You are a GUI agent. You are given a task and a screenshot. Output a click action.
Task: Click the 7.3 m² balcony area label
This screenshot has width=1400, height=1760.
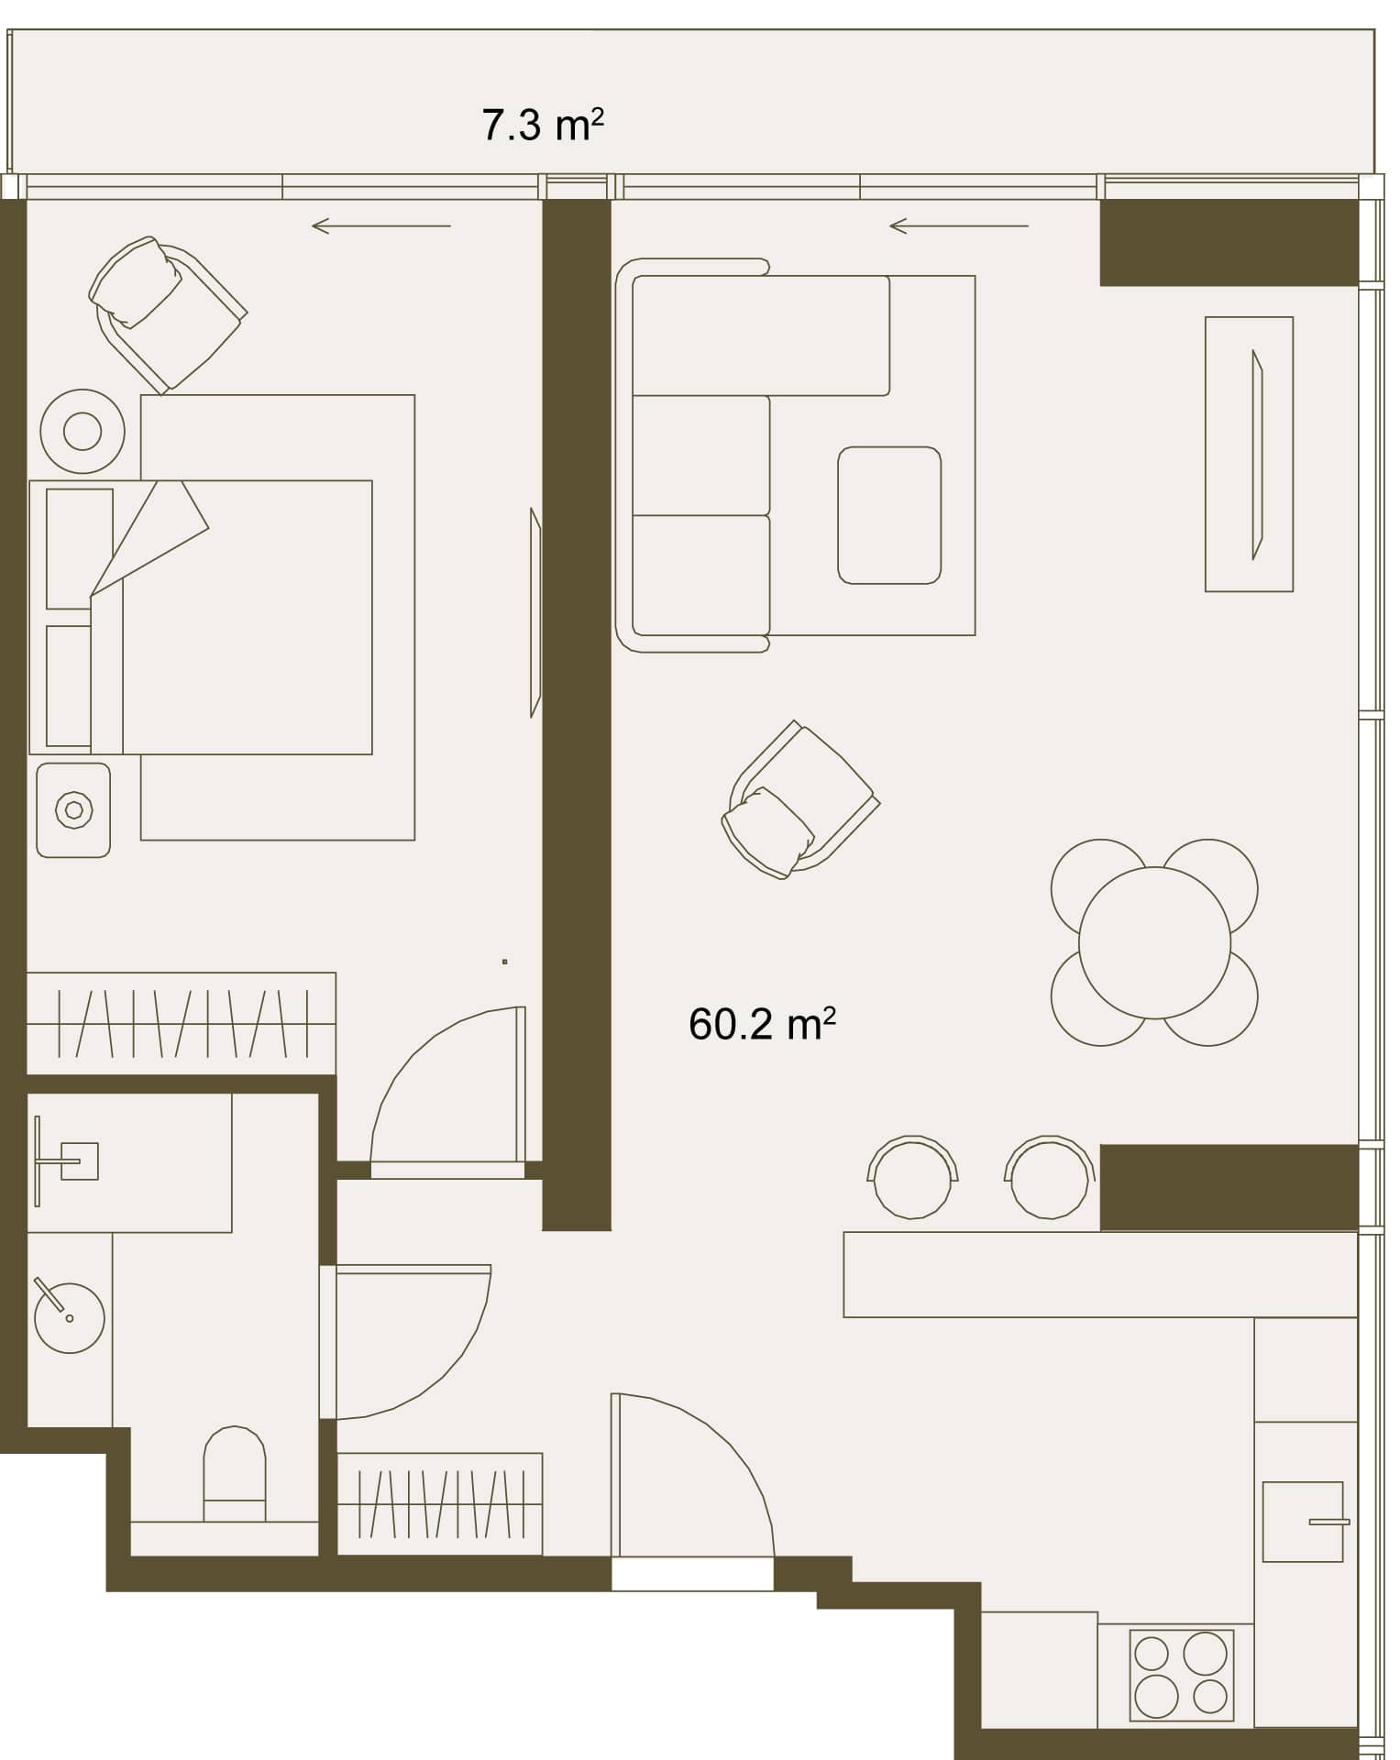click(543, 125)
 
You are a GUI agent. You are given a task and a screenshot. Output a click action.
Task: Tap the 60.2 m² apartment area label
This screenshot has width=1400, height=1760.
click(762, 1024)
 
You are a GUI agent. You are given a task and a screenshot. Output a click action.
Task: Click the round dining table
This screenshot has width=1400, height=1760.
click(1154, 942)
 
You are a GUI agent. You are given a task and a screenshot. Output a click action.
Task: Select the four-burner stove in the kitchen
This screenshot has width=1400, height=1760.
click(1181, 1674)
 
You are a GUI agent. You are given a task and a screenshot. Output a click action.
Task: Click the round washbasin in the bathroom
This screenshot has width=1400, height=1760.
click(69, 1317)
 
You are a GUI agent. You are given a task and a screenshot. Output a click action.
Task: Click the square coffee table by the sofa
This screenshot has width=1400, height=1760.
click(889, 515)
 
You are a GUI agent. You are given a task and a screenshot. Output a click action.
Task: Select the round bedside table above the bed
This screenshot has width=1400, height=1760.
click(83, 431)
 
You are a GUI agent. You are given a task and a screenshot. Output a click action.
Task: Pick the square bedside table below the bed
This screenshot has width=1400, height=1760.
click(73, 810)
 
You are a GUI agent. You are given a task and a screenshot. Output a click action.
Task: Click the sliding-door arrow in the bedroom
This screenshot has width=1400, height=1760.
click(381, 225)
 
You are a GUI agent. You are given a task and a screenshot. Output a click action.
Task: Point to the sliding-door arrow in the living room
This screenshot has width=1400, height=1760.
click(959, 225)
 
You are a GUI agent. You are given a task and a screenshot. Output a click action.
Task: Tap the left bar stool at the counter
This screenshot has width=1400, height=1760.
click(912, 1178)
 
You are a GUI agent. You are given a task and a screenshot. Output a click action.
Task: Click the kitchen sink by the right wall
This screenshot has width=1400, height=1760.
click(1303, 1523)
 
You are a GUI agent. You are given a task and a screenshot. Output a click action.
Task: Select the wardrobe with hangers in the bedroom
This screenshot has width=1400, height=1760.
click(182, 1023)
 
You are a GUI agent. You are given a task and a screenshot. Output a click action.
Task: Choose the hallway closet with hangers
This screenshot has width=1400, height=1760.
click(440, 1504)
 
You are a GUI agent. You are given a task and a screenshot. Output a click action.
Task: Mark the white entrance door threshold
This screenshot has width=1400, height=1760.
click(692, 1577)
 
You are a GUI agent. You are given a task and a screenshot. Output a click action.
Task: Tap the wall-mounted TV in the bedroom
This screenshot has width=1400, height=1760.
click(535, 612)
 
